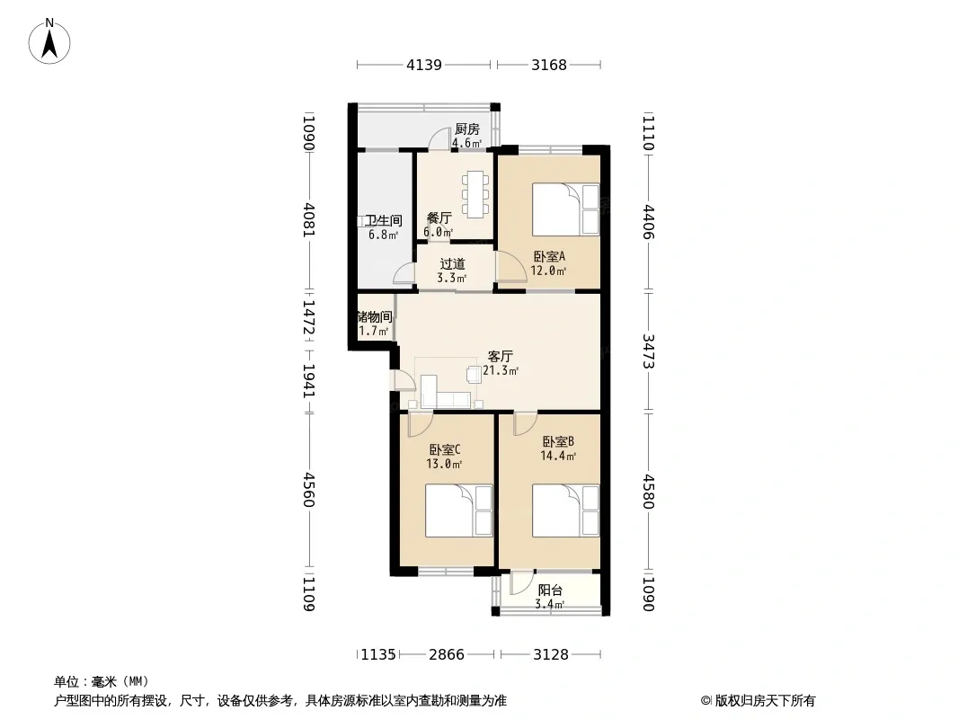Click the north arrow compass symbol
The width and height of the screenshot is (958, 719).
(49, 41)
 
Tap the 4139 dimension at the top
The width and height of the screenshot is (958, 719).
(424, 65)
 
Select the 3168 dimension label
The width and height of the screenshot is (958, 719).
(549, 65)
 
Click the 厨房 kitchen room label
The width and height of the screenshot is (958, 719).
(466, 129)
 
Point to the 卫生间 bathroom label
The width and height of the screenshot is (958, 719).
(383, 220)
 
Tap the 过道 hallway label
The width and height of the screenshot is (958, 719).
(452, 264)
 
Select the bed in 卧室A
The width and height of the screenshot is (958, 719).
(566, 209)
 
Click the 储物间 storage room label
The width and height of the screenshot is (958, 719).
(375, 317)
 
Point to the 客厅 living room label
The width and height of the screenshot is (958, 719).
(500, 356)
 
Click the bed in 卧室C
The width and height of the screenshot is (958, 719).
(459, 510)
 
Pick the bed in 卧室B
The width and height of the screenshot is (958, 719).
(566, 510)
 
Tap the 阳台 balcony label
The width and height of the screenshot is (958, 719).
(550, 590)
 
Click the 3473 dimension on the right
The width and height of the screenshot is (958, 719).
(649, 351)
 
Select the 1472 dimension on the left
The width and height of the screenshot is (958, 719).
(309, 317)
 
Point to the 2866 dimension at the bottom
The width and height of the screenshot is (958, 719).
(447, 655)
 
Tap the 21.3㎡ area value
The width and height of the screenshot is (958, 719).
(501, 371)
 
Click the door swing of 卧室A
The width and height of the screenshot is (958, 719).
(510, 267)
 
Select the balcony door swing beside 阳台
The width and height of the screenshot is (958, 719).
(522, 582)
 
